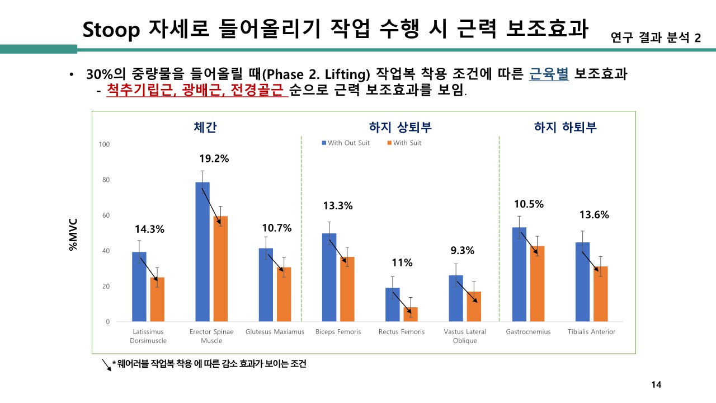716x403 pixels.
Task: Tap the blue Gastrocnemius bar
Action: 519,274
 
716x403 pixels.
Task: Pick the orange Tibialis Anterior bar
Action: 600,294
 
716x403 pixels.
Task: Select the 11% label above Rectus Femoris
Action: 402,263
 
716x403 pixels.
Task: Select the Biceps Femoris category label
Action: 338,332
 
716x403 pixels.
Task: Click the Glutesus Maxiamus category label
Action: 275,332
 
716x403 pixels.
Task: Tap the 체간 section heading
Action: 201,127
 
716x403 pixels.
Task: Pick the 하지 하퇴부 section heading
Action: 566,127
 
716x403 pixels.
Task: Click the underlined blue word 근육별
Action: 549,74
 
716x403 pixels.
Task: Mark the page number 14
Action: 657,385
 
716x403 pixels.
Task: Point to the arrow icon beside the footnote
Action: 105,365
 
